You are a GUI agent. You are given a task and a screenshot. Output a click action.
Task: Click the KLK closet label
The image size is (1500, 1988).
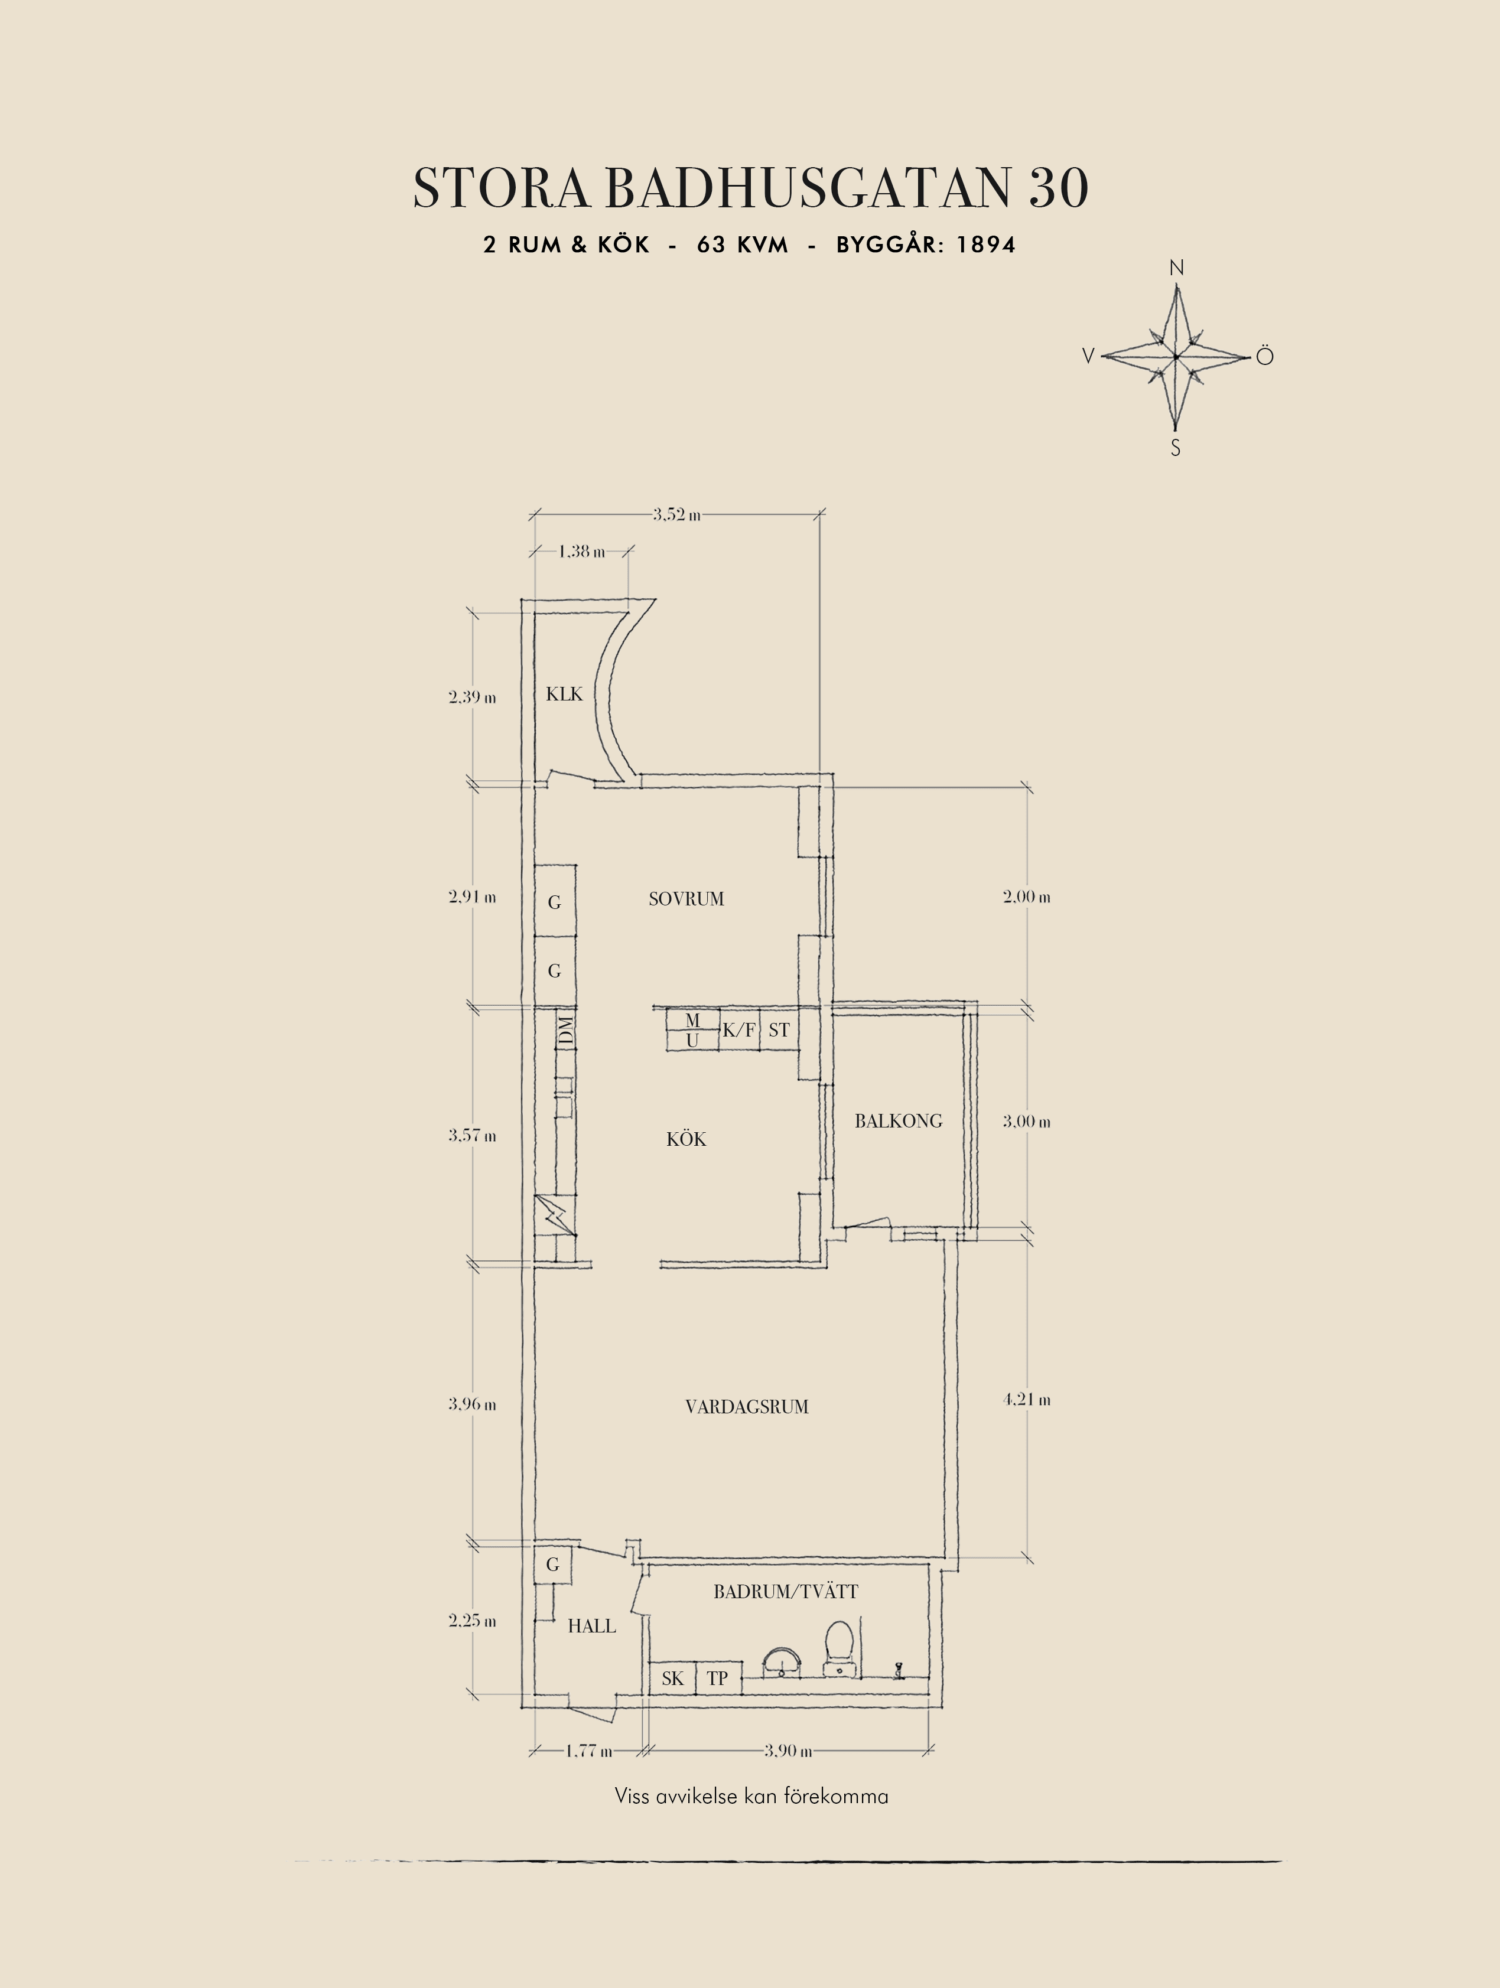pos(564,694)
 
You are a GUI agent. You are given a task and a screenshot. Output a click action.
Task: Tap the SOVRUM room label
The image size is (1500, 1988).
pos(686,899)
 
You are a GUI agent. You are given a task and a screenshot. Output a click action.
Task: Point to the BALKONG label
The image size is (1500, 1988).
pos(899,1121)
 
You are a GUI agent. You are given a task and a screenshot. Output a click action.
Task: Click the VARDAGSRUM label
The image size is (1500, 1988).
pos(747,1406)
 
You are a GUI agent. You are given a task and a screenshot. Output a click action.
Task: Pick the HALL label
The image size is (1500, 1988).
pos(593,1626)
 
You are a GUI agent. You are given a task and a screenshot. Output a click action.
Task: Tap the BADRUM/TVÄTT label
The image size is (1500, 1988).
pos(786,1592)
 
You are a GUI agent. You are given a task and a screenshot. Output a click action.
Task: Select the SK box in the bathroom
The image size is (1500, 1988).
pos(673,1678)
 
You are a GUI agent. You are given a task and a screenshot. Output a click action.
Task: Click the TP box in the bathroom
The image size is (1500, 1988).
pos(718,1678)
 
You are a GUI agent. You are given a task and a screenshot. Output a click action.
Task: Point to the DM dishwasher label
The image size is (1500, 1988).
pos(565,1031)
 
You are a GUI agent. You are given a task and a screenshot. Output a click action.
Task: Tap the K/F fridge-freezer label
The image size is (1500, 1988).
pos(738,1030)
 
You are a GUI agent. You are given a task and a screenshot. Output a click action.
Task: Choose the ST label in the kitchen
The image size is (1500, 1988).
pos(779,1030)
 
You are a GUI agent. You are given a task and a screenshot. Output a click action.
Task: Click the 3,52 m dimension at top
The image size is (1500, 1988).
pos(677,515)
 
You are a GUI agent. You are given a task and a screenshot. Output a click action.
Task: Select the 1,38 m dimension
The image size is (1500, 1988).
pos(581,551)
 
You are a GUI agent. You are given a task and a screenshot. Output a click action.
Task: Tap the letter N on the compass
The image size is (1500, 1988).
pos(1176,268)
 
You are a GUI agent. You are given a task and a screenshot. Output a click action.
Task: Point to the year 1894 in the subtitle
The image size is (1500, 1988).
pos(986,245)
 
